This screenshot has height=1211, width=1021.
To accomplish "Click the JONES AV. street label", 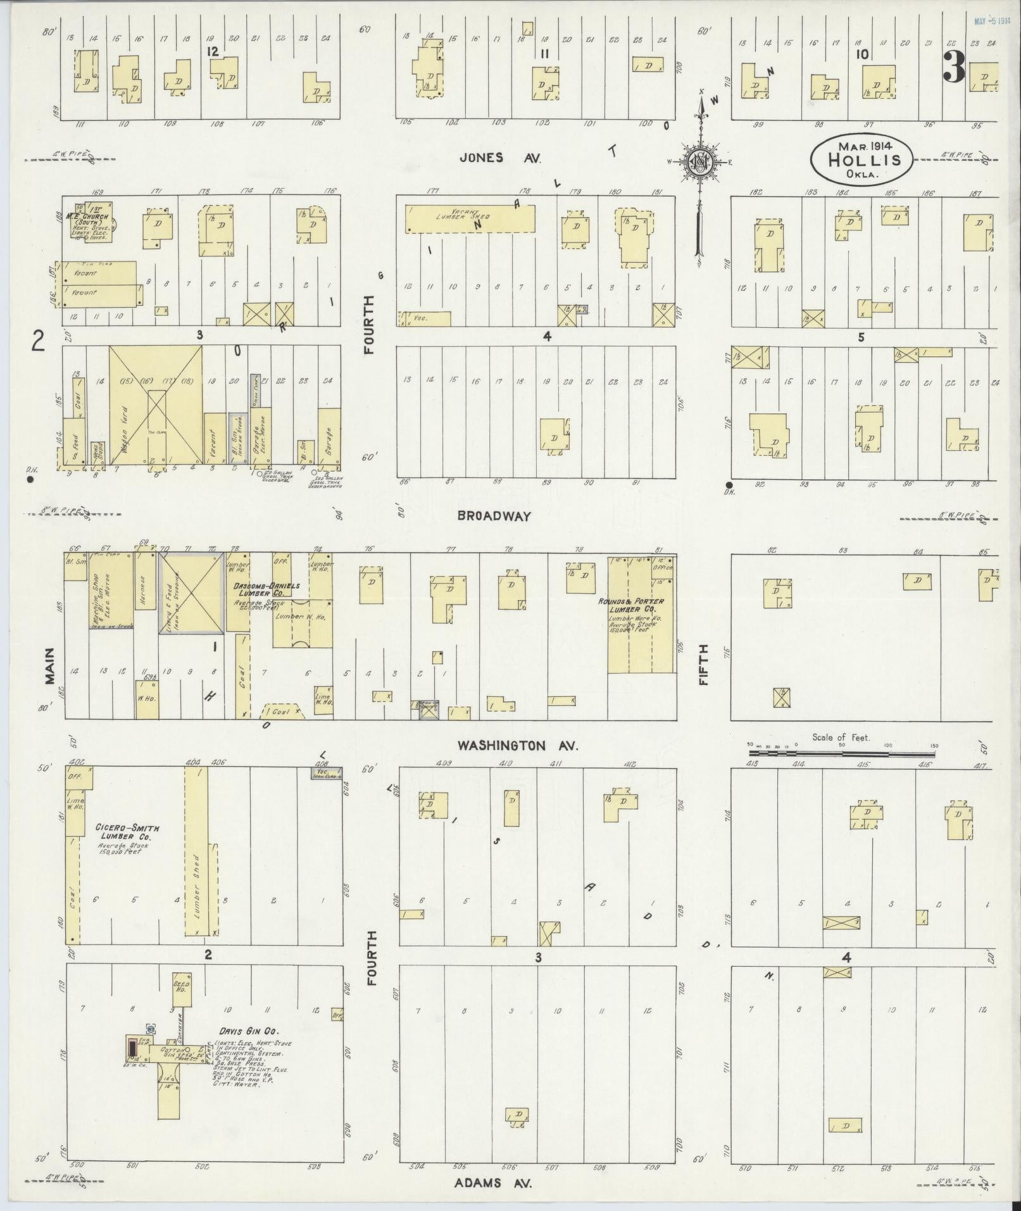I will coord(500,158).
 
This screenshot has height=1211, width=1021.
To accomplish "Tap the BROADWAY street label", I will coord(495,516).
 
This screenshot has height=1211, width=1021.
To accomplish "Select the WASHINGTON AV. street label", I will coord(518,746).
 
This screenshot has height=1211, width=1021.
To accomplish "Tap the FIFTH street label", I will coord(703,664).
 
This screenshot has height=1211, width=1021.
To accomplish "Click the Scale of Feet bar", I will coord(841,754).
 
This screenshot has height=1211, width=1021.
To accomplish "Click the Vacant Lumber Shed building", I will coord(469,218).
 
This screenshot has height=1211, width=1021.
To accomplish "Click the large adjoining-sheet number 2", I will coord(39,342).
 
